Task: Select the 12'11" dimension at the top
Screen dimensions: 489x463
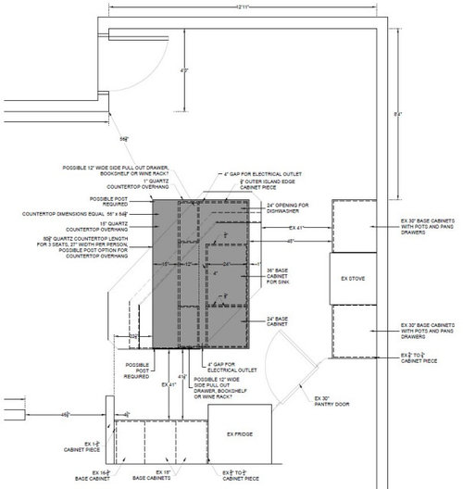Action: click(244, 7)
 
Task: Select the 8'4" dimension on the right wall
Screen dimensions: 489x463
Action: click(396, 113)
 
